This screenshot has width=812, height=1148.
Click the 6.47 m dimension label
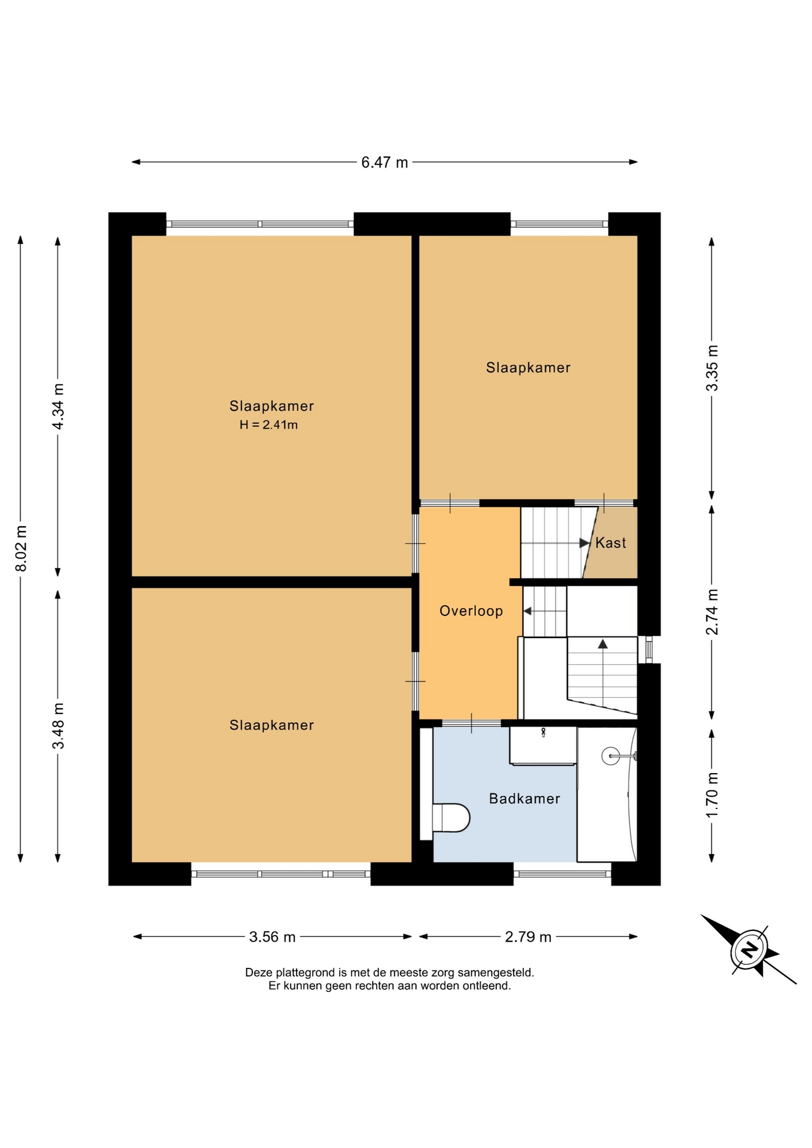click(384, 162)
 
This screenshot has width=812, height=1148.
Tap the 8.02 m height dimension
click(21, 548)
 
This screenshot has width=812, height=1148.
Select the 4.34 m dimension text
click(58, 407)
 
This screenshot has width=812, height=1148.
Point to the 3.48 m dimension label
click(58, 725)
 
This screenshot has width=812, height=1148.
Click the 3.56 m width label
click(273, 937)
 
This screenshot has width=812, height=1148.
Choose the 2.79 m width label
click(528, 937)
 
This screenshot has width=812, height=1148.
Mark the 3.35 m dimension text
click(712, 368)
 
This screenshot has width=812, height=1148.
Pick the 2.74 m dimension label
click(712, 612)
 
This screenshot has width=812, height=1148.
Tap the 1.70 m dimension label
click(712, 795)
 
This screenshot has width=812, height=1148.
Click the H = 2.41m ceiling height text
click(268, 425)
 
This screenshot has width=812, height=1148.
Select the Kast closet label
click(610, 543)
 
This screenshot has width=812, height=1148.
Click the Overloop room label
click(471, 611)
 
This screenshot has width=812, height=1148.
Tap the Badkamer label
click(524, 799)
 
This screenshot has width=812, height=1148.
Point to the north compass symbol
click(749, 949)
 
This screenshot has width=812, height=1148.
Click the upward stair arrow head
click(603, 644)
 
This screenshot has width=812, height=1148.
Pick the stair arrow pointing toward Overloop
click(545, 611)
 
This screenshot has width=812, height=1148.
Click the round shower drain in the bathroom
click(610, 756)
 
